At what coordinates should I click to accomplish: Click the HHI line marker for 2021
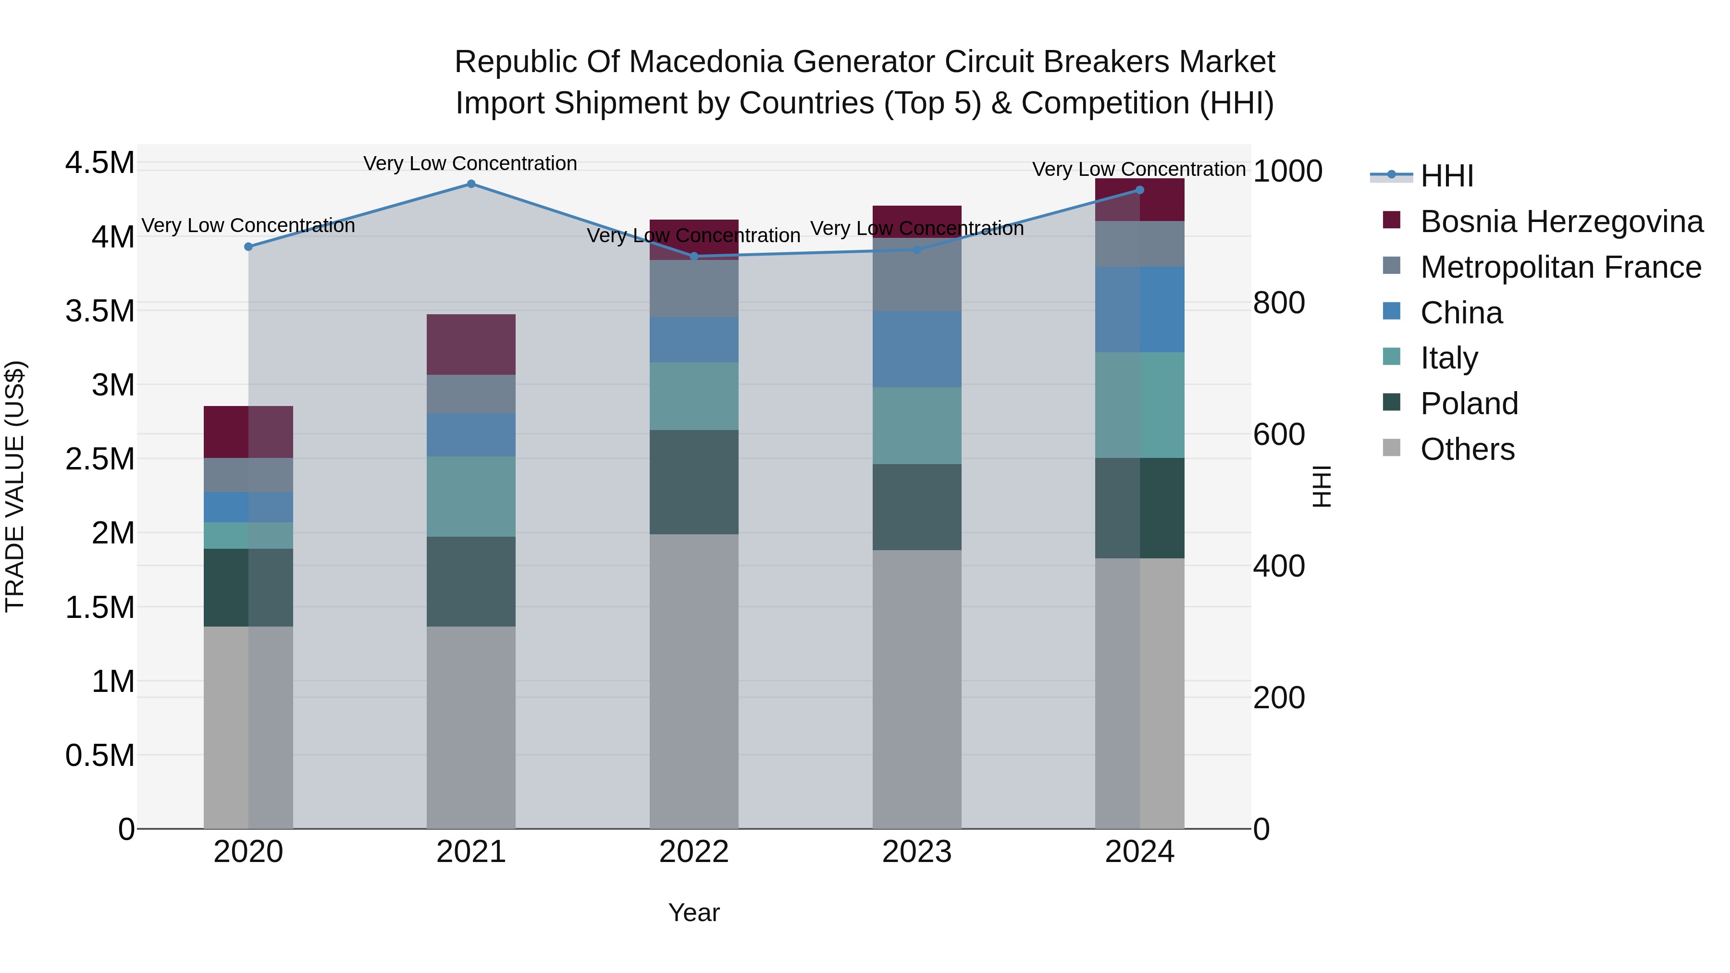coord(471,184)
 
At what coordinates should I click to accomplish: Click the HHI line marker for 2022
coord(694,257)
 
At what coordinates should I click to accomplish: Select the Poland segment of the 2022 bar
coord(694,482)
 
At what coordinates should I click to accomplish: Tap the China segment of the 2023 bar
coord(917,349)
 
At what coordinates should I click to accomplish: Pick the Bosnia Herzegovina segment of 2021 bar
coord(471,345)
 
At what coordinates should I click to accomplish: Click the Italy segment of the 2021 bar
coord(471,497)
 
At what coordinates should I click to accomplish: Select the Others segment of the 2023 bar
coord(917,689)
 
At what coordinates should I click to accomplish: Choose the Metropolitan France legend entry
coord(1560,267)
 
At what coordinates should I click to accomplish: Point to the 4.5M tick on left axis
coord(99,163)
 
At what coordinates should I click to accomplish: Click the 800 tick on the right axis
coord(1279,303)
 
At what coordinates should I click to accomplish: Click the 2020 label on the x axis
coord(248,852)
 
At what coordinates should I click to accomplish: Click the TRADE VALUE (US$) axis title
coord(15,486)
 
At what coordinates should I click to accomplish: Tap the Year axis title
coord(694,912)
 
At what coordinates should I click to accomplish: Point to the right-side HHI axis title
coord(1321,486)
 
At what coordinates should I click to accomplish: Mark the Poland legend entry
coord(1469,404)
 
